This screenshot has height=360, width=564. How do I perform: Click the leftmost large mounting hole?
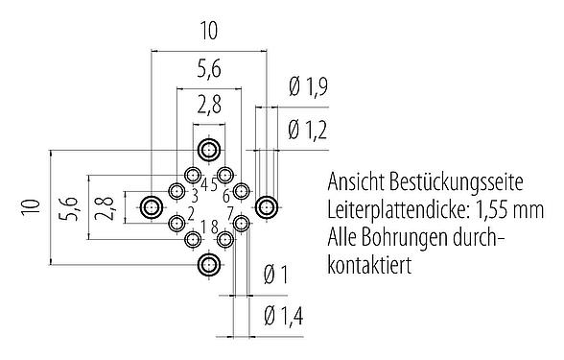click(152, 206)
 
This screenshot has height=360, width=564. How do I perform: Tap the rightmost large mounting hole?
click(266, 206)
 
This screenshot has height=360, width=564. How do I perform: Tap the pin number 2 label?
click(192, 212)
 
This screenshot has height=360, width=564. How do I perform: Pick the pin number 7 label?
click(230, 212)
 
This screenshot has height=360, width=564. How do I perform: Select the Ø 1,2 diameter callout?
click(306, 128)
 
